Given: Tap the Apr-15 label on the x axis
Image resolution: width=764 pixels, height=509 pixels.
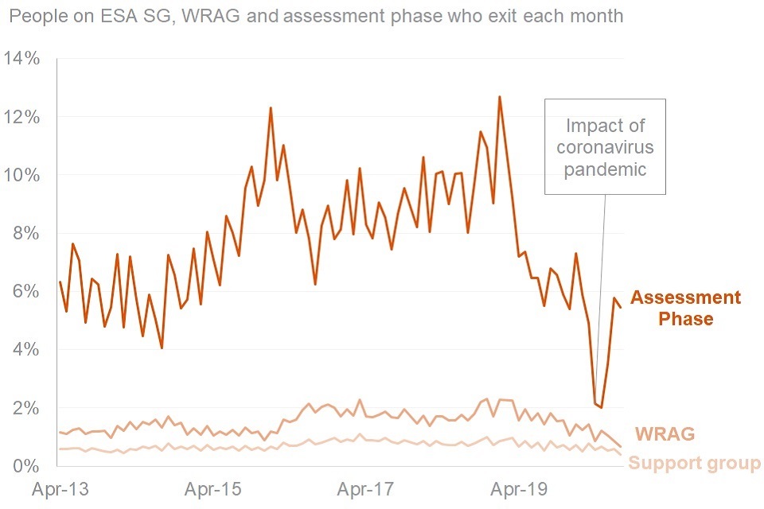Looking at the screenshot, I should pos(213,489).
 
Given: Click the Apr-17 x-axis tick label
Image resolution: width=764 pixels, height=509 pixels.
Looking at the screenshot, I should pos(367,489).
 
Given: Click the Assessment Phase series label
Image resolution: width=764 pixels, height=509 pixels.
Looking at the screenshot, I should pos(685,309).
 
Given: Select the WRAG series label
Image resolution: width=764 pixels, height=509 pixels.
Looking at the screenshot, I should pos(665,434).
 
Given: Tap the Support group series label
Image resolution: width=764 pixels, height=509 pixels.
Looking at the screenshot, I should pos(694,464).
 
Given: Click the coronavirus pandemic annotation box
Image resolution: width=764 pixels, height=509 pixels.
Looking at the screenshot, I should pos(605,146).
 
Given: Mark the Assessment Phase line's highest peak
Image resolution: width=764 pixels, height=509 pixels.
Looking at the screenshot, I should pos(499,97).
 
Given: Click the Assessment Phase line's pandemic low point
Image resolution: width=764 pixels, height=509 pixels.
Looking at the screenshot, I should pos(602,407).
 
